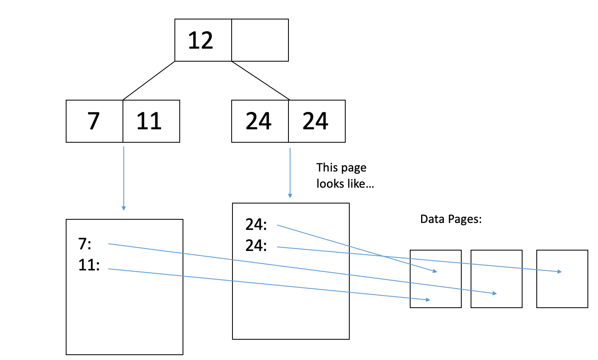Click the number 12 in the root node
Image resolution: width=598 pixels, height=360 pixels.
[200, 41]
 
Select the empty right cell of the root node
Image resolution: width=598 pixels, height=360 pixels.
[260, 41]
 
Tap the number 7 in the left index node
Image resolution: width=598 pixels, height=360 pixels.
[94, 121]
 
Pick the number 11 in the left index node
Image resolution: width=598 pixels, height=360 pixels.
[149, 121]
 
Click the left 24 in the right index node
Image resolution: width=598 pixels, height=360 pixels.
[258, 121]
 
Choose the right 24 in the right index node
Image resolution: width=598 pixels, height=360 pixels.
[315, 121]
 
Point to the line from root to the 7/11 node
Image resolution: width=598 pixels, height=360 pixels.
[149, 81]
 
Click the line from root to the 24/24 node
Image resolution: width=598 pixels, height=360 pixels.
[260, 80]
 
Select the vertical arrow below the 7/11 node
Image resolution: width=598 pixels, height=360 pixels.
[124, 178]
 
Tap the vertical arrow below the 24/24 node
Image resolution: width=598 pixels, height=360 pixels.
[290, 173]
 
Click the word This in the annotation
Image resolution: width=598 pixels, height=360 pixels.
[327, 167]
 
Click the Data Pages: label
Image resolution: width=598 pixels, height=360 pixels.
[451, 219]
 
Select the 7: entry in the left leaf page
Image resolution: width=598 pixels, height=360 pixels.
[85, 244]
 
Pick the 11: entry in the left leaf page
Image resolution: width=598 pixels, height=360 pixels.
[89, 265]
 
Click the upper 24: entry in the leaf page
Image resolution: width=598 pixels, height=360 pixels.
[256, 225]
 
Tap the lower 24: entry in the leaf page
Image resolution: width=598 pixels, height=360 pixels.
[256, 246]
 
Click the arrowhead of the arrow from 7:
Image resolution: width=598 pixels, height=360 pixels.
[495, 294]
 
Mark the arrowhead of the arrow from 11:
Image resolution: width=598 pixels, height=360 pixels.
[428, 300]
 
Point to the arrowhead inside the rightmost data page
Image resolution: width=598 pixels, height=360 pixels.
[560, 272]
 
